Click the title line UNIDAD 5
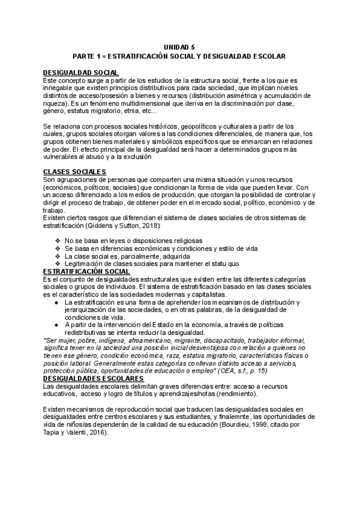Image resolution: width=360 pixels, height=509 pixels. [179, 46]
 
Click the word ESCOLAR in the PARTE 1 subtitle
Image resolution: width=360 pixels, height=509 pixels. [265, 55]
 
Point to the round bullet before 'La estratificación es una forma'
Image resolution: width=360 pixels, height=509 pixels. [55, 302]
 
